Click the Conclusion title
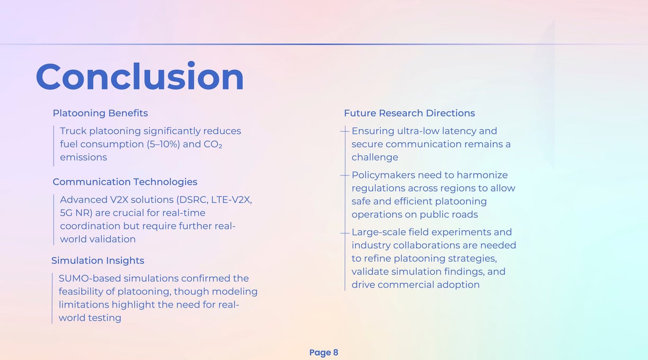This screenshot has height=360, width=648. pos(140,76)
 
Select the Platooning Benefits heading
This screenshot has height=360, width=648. pos(100,113)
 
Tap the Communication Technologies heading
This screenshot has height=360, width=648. pos(125,182)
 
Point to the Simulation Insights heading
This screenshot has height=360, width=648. pos(97,260)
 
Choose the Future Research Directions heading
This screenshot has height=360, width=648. pos(409,113)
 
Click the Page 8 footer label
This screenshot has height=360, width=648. pos(323,353)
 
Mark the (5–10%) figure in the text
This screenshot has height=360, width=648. pos(164,144)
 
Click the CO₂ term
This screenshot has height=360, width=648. pos(213,144)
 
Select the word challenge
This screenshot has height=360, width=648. pos(375,158)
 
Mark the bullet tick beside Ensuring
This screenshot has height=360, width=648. pos(345,131)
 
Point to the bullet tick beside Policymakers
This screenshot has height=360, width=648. pos(345,175)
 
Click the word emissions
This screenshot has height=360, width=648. pos(83,157)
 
